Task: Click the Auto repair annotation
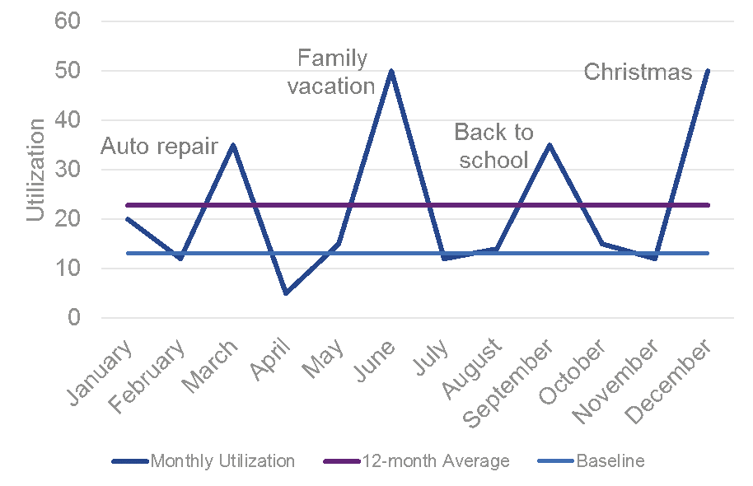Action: point(159,147)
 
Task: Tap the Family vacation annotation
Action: point(332,72)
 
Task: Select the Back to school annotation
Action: point(493,145)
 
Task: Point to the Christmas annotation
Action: point(638,72)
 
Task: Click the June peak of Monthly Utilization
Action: point(391,71)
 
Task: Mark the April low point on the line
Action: point(286,292)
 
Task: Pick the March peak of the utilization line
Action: point(233,145)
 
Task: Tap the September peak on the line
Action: point(549,145)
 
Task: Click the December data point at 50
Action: point(707,71)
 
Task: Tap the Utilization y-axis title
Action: point(35,170)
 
